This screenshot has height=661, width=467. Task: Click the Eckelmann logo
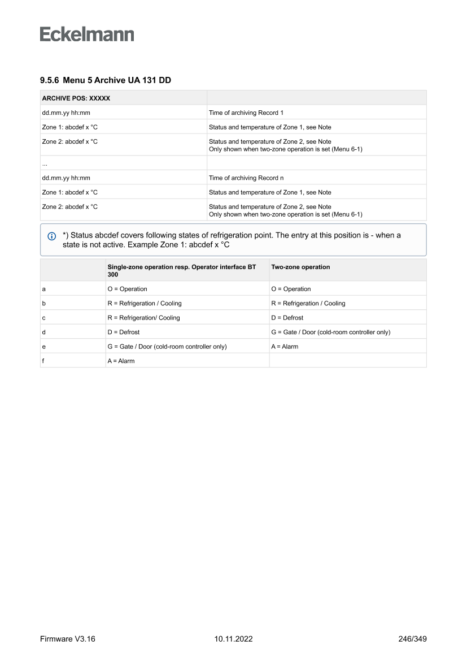87,34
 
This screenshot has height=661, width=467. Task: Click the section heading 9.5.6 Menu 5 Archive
106,80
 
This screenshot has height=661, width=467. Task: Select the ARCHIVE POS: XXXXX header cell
76,98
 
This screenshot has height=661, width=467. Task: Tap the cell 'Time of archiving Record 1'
246,113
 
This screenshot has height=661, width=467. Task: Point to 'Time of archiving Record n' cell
246,178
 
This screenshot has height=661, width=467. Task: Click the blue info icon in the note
52,236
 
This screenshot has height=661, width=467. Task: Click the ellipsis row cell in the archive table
45,163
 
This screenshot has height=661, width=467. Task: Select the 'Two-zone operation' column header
300,267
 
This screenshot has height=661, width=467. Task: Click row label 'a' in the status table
44,289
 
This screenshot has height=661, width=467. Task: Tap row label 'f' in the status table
43,361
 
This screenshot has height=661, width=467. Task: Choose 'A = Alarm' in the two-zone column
285,347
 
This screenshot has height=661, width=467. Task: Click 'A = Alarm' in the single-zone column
121,361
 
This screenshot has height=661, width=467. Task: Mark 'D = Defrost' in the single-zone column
123,332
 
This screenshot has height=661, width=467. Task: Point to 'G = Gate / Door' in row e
167,347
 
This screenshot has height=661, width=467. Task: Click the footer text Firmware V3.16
68,639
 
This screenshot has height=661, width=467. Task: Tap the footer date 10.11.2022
233,639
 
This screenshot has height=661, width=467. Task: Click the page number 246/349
412,639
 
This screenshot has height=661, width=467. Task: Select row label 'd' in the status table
44,332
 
